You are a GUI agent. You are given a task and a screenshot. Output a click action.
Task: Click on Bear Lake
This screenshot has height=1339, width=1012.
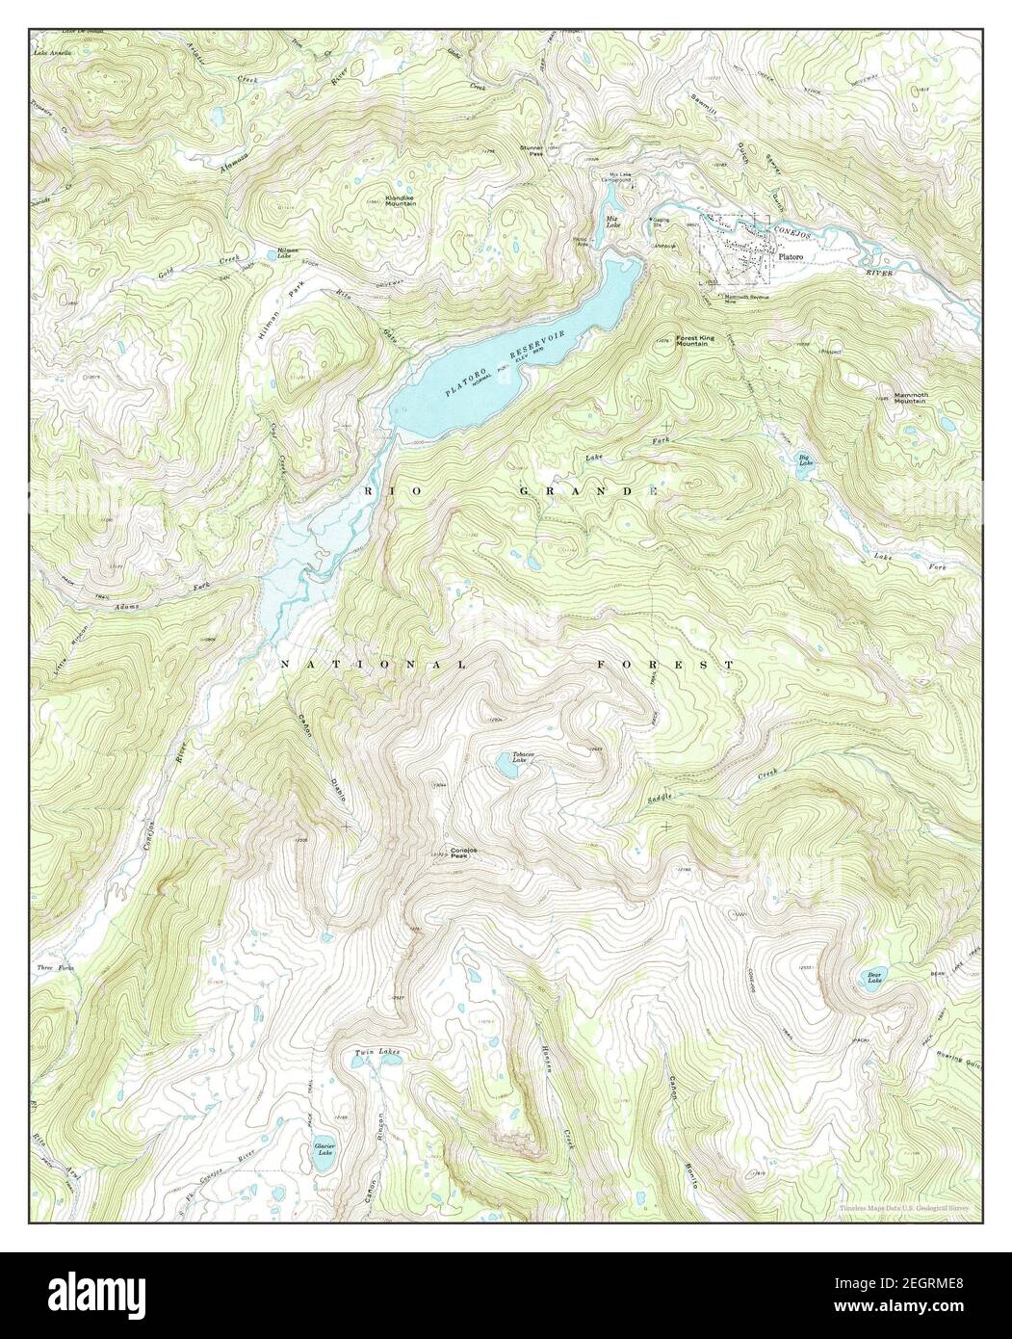[x=872, y=980]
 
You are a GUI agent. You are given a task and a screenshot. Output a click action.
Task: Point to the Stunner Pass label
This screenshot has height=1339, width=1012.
[x=532, y=149]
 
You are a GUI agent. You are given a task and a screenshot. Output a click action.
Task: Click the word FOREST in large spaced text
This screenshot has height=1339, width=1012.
[x=664, y=666]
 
